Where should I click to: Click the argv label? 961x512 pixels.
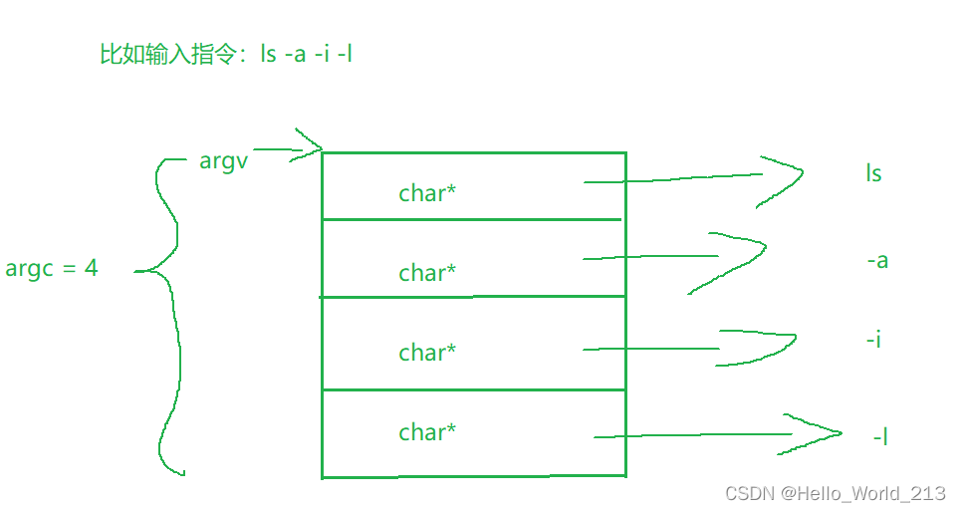(x=223, y=161)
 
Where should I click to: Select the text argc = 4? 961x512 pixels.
(x=52, y=268)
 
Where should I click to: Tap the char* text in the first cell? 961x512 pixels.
(x=427, y=193)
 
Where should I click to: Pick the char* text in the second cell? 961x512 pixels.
(x=427, y=273)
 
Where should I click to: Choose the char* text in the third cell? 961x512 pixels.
(x=427, y=353)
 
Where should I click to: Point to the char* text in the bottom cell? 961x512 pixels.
(x=427, y=432)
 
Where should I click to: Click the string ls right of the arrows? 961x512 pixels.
(x=873, y=173)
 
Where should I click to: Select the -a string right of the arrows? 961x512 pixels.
(x=877, y=261)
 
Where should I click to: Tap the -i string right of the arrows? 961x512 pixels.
(x=873, y=340)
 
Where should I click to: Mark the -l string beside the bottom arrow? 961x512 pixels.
(x=880, y=436)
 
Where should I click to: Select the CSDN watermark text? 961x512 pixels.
(x=835, y=493)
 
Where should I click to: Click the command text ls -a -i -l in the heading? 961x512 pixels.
(x=307, y=54)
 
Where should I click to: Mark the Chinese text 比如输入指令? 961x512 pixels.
(x=169, y=54)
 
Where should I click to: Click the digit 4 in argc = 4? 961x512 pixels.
(x=92, y=268)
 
